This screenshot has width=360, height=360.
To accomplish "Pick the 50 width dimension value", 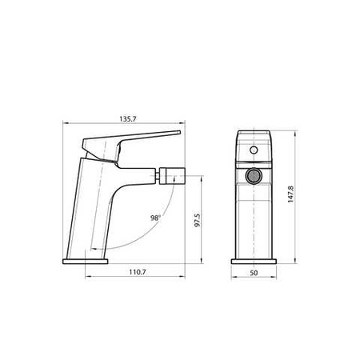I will [x=254, y=273].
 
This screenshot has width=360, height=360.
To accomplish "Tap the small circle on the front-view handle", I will [x=254, y=150].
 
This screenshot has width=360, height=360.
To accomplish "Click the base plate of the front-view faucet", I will [x=254, y=260].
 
